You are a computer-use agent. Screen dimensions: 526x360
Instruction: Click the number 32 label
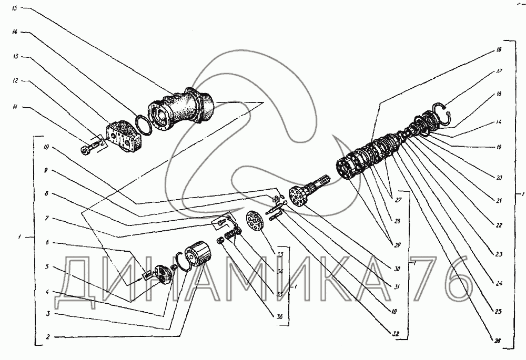394,333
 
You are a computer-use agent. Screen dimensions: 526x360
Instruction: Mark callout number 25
498,312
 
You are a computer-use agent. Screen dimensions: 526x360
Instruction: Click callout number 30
397,269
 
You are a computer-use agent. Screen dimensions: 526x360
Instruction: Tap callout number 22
498,225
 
